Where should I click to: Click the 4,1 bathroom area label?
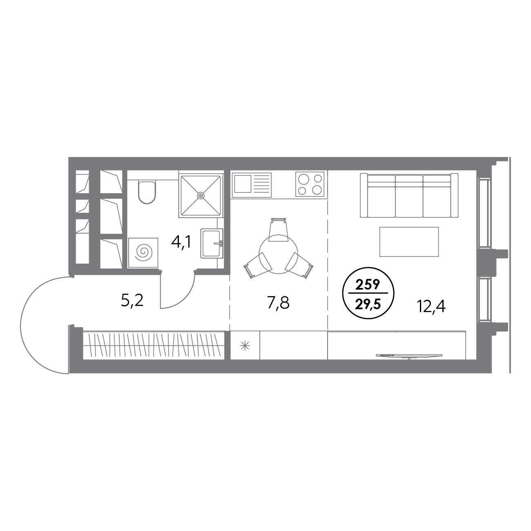click(181, 243)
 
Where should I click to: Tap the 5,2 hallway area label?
click(132, 301)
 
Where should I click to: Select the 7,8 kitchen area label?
click(278, 303)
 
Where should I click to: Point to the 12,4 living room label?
click(431, 306)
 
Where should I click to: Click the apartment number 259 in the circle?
click(368, 285)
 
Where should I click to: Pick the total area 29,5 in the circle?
click(368, 305)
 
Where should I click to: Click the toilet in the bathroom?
click(147, 192)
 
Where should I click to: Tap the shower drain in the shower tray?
click(201, 196)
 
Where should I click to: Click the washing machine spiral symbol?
click(143, 252)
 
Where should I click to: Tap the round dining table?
click(278, 254)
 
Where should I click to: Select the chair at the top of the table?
click(278, 230)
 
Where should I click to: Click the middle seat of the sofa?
click(409, 196)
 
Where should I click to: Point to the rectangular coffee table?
click(409, 242)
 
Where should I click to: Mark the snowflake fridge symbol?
click(245, 346)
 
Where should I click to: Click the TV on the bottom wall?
click(409, 356)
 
